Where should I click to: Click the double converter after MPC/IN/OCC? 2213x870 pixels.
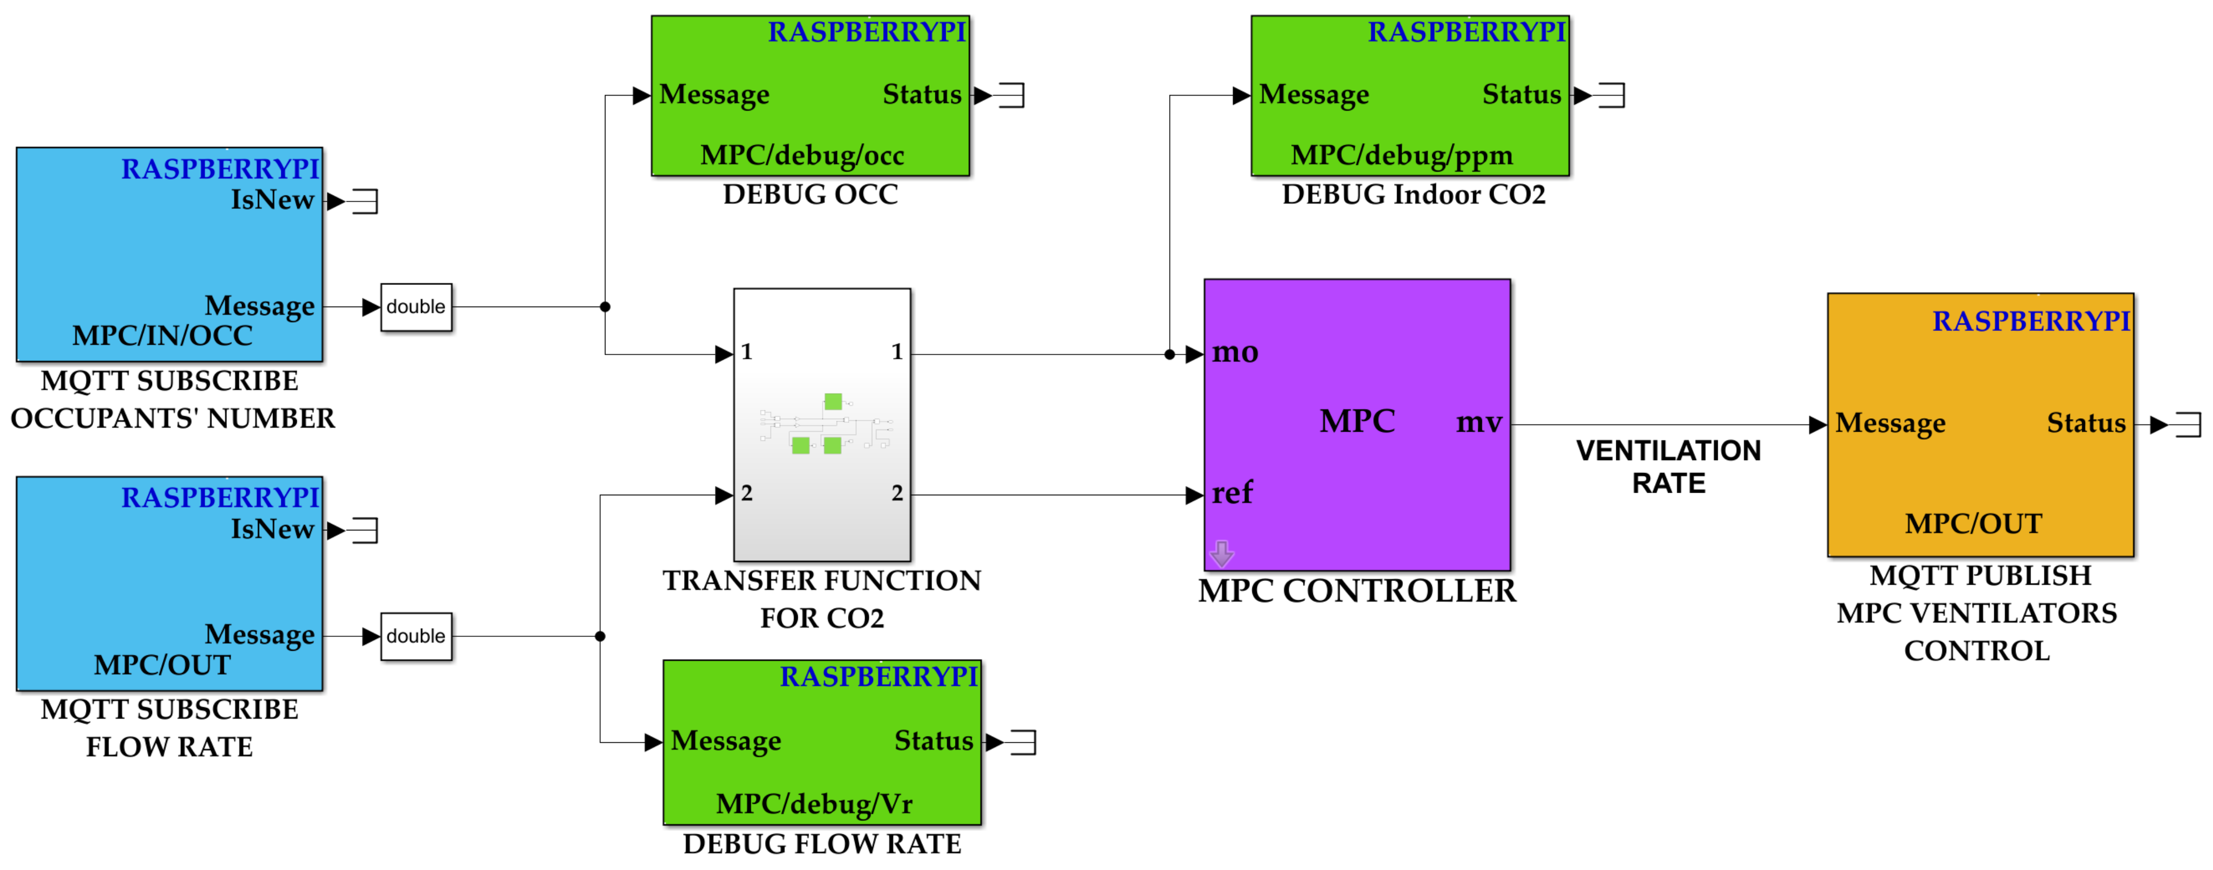(x=416, y=307)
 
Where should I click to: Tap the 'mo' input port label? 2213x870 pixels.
(x=1235, y=352)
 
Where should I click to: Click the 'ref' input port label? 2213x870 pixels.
(x=1232, y=493)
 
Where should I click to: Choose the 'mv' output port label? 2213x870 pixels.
(x=1478, y=422)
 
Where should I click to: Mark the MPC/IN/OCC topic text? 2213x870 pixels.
(x=162, y=336)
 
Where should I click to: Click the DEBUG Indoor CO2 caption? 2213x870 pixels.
(x=1413, y=195)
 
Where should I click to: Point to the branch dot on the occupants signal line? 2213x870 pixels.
(x=605, y=307)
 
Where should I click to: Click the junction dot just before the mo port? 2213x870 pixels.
(x=1169, y=354)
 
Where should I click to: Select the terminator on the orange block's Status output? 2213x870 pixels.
(x=2187, y=424)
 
